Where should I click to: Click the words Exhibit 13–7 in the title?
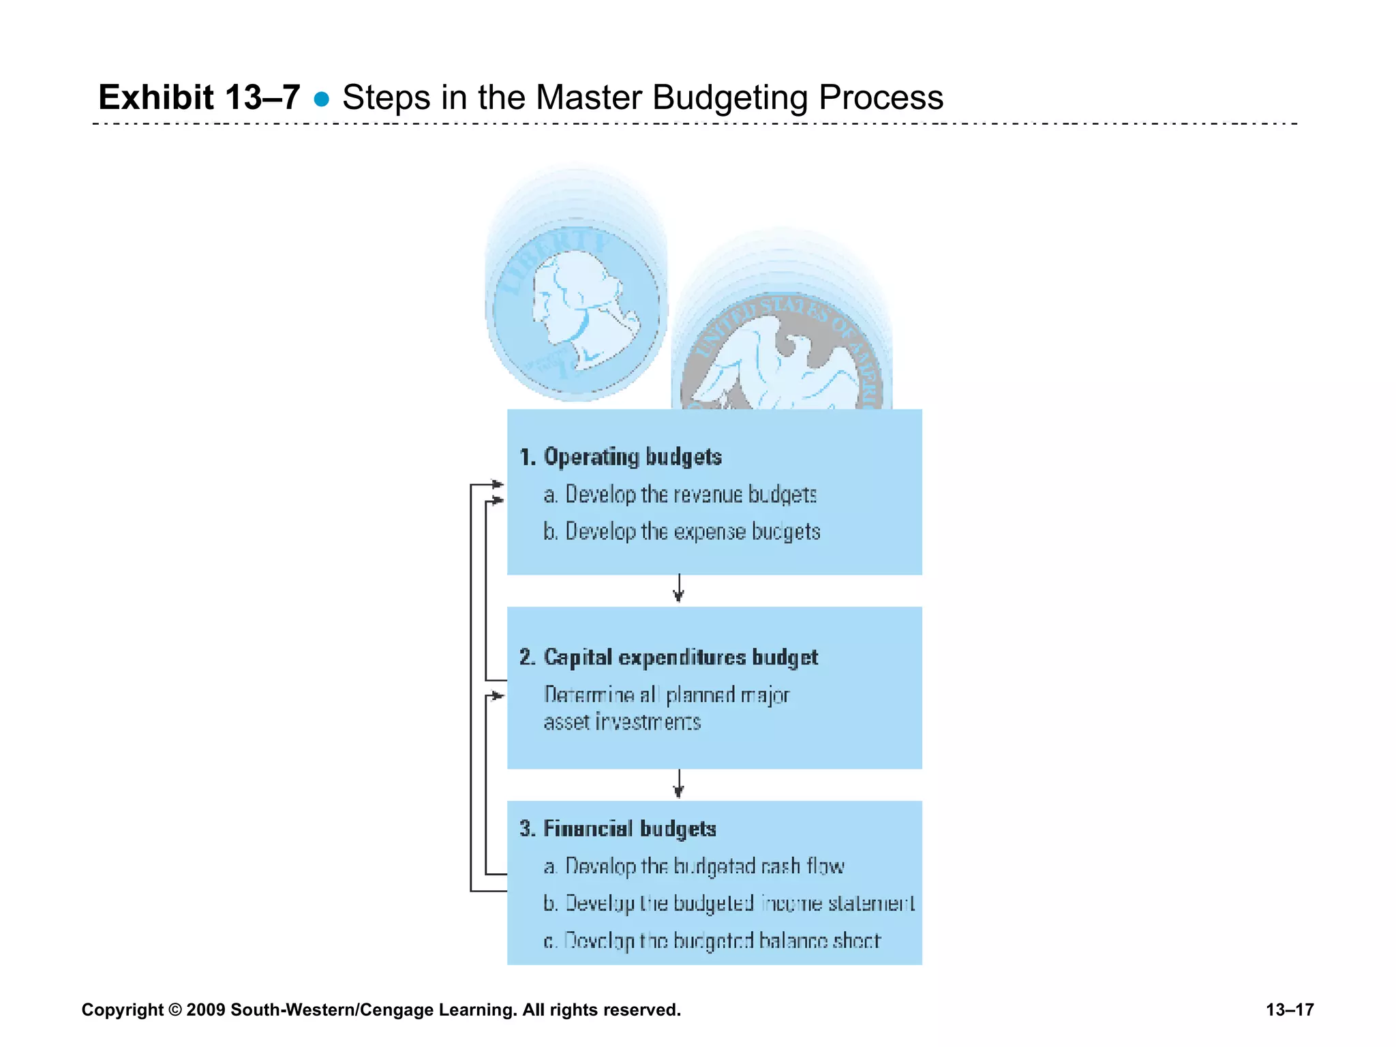pyautogui.click(x=199, y=97)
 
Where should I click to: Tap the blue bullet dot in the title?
pyautogui.click(x=321, y=100)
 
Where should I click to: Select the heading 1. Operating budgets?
pyautogui.click(x=620, y=457)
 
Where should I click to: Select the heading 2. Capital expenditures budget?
pyautogui.click(x=668, y=657)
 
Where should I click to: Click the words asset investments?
pyautogui.click(x=622, y=722)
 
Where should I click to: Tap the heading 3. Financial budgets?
pyautogui.click(x=618, y=829)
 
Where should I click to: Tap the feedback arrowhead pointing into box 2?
pyautogui.click(x=498, y=696)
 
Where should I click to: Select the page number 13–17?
pyautogui.click(x=1290, y=1010)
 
